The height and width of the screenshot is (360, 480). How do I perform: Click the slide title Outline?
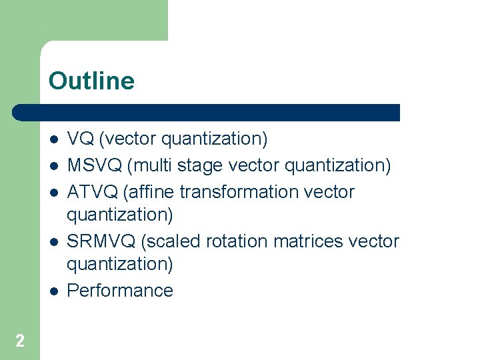[x=91, y=81]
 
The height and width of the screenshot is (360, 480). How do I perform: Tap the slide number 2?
[x=20, y=341]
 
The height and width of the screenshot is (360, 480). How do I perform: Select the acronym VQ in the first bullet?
[x=81, y=139]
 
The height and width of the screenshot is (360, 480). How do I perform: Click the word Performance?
[x=120, y=290]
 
